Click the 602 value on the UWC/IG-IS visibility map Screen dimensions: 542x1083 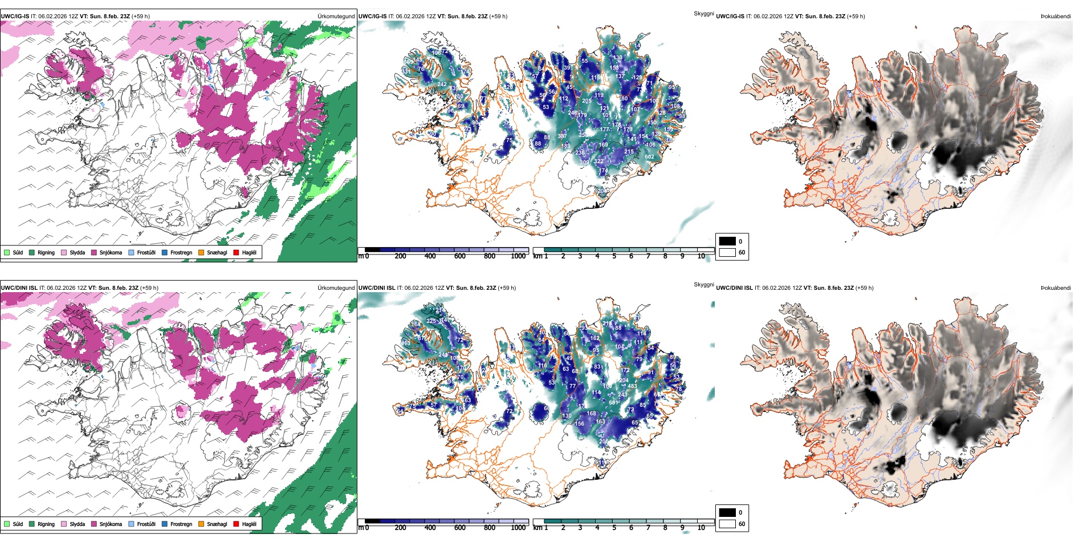(x=649, y=156)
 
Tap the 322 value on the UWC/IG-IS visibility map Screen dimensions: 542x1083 (x=598, y=161)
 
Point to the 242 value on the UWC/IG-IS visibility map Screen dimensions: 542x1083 (x=442, y=84)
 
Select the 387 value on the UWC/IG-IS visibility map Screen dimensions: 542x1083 (x=562, y=136)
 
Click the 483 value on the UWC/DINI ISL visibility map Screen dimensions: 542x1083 (x=632, y=386)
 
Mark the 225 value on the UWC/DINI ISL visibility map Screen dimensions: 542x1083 (x=431, y=321)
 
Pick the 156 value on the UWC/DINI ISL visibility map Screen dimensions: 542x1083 (x=579, y=424)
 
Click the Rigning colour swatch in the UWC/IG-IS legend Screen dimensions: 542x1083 (x=32, y=252)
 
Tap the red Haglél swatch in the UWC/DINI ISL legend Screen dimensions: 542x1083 (x=236, y=524)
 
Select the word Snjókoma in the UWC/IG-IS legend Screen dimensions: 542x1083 (x=111, y=252)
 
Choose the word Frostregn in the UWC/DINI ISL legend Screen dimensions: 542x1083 (x=181, y=524)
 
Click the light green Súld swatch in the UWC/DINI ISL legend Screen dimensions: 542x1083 (x=7, y=524)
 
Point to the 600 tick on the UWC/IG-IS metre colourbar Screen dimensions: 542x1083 (x=460, y=256)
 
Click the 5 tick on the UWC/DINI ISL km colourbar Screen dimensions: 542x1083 (x=614, y=528)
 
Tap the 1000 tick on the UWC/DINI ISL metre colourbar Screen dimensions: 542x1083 (x=518, y=528)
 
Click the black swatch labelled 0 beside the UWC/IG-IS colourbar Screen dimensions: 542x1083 (x=727, y=241)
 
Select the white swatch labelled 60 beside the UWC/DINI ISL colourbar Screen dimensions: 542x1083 (x=727, y=524)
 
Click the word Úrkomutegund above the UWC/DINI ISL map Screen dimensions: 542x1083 (x=336, y=288)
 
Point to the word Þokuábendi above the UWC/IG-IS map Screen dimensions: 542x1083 (x=1056, y=17)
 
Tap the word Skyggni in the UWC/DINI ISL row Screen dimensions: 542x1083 (x=703, y=285)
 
